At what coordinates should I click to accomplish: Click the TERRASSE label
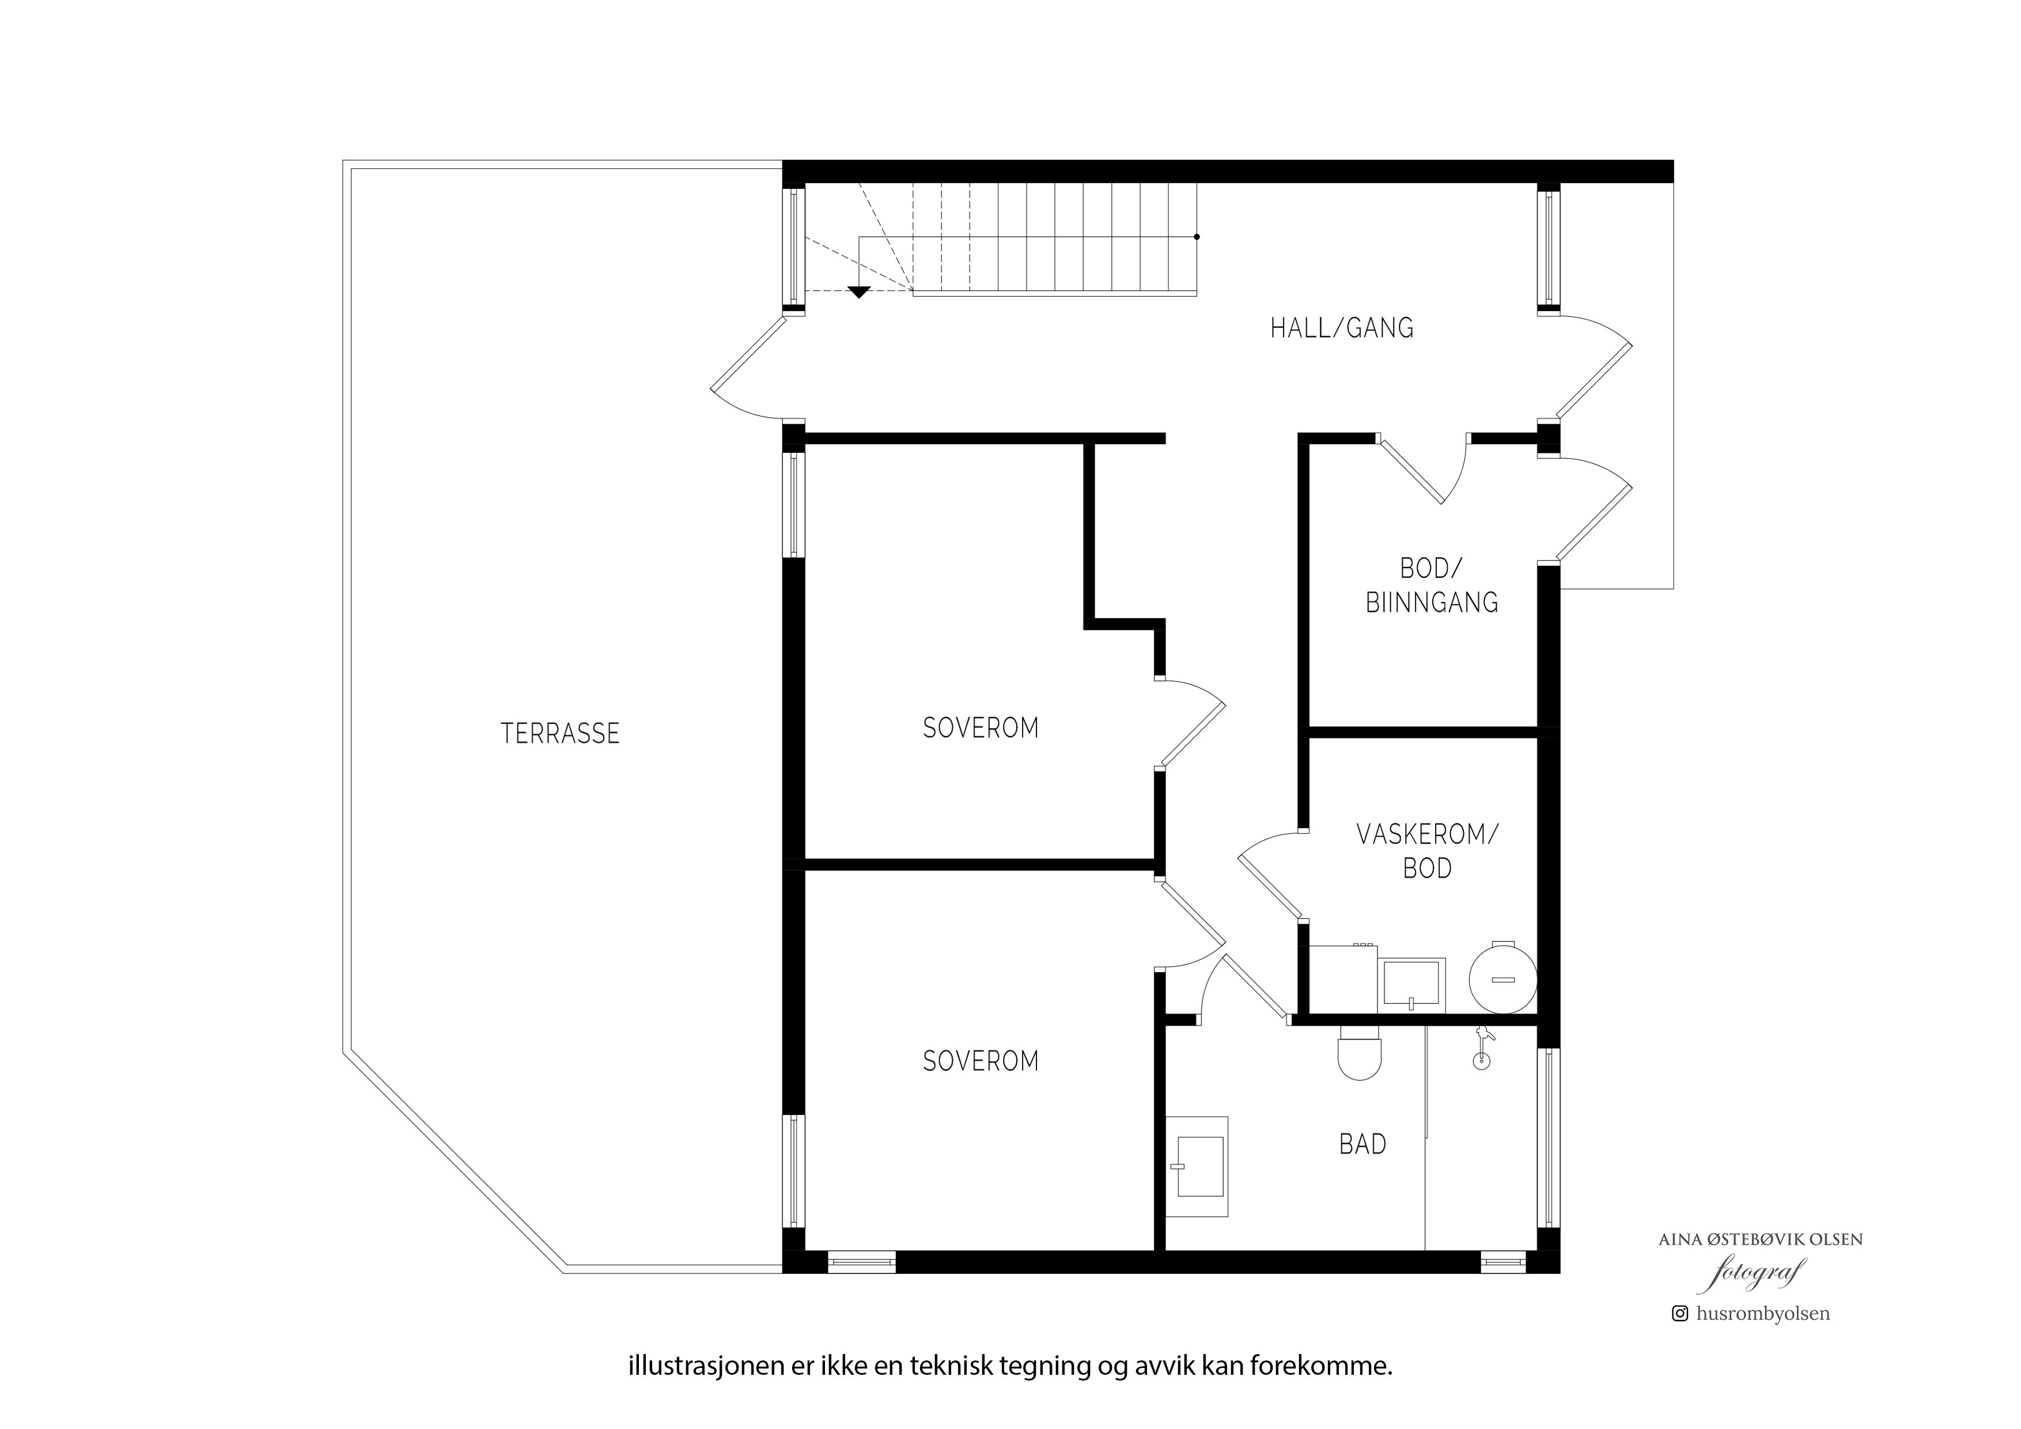pos(560,734)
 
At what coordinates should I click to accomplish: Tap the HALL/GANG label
pos(1341,328)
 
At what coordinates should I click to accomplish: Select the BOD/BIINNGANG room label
pos(1431,585)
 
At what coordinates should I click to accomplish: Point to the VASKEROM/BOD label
pos(1427,852)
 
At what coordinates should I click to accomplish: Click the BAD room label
pos(1363,1144)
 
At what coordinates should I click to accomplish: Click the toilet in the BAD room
pos(1359,1053)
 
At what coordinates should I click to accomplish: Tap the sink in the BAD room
pos(1197,1167)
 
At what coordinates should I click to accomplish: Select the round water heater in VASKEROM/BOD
pos(1502,979)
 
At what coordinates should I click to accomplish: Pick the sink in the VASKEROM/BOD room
pos(1411,984)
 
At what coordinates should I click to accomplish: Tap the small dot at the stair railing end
pos(1196,237)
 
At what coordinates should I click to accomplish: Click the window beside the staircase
pos(794,247)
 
